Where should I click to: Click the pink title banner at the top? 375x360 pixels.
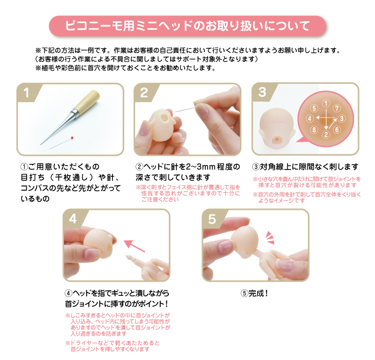(187, 26)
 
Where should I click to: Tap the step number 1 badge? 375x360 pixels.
(27, 93)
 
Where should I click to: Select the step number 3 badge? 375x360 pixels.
(262, 92)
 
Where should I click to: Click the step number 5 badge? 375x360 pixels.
(212, 219)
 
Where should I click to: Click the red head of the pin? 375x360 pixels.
(72, 138)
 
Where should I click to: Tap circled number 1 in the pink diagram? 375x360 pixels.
(326, 103)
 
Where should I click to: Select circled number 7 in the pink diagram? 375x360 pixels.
(337, 108)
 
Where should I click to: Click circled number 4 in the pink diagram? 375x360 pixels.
(310, 118)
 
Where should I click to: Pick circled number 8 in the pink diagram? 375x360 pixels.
(314, 130)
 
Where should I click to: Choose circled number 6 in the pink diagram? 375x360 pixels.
(337, 130)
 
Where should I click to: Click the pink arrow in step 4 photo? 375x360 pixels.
(134, 246)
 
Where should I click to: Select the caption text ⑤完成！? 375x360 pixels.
(255, 293)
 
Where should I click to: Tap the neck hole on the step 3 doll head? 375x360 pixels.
(277, 139)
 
